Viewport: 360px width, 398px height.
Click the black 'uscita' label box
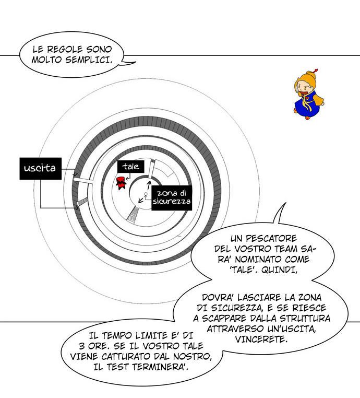[x=40, y=168]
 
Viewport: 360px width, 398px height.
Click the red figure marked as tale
[x=122, y=183]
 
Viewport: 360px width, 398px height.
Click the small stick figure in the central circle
[x=147, y=195]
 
